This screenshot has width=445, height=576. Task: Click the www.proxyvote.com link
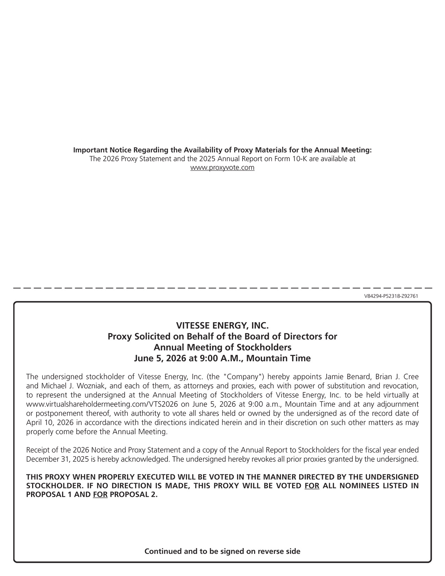(x=222, y=168)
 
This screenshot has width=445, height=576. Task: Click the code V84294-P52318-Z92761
(x=391, y=296)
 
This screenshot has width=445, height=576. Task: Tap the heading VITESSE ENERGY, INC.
(x=222, y=326)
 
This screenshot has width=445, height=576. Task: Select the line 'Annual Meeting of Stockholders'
(x=222, y=348)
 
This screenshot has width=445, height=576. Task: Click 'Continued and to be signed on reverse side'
(x=222, y=552)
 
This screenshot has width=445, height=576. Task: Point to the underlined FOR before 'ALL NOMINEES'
(x=312, y=486)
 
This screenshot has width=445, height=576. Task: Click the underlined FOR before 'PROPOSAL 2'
(x=100, y=495)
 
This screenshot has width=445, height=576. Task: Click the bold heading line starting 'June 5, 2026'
(x=222, y=359)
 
